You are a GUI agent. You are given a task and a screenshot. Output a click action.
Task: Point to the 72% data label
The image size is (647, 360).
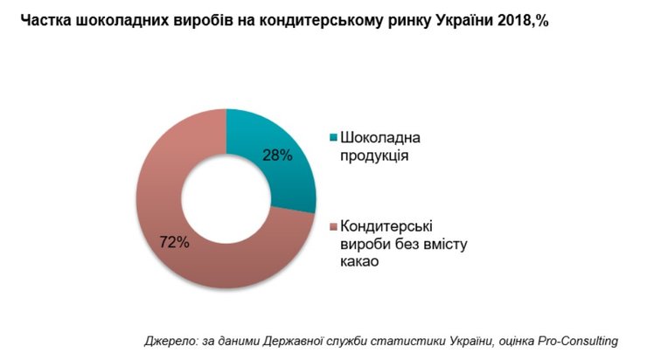[174, 242]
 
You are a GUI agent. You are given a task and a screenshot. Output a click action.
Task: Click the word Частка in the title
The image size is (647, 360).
[41, 18]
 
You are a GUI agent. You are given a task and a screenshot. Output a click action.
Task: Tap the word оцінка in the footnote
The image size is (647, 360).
[513, 341]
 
